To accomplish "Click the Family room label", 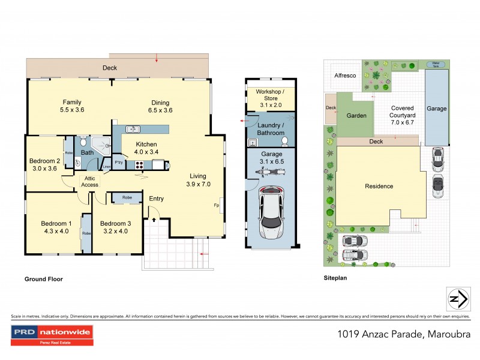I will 71,102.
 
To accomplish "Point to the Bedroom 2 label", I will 44,161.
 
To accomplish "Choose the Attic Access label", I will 90,181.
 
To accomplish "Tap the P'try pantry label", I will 119,162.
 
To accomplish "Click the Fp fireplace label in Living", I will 216,205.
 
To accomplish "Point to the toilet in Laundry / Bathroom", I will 286,141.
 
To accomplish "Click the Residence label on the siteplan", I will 379,186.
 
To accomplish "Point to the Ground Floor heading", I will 43,279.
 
